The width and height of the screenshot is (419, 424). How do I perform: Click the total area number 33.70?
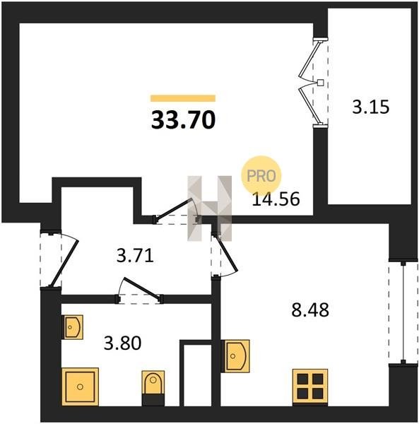[183, 120]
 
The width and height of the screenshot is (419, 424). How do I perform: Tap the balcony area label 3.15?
[371, 107]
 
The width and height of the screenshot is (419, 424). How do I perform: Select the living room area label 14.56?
[276, 199]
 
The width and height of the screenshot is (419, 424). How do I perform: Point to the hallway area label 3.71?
[135, 256]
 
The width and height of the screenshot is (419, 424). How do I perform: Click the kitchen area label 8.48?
[310, 310]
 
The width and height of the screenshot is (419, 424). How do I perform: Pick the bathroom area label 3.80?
[122, 343]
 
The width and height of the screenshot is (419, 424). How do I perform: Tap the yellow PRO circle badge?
[261, 176]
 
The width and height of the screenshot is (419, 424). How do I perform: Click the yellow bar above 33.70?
[183, 98]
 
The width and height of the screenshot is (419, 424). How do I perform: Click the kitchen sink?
[235, 356]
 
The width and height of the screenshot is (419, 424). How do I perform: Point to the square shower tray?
[80, 387]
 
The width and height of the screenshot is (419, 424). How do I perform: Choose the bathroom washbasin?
[72, 327]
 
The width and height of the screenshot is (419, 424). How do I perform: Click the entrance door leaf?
[65, 263]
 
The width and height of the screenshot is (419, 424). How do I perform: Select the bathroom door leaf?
[142, 288]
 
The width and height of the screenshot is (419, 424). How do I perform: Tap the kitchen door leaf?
[226, 252]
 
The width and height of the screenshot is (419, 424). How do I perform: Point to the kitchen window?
[403, 312]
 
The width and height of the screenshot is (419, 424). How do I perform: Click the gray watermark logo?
[210, 208]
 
